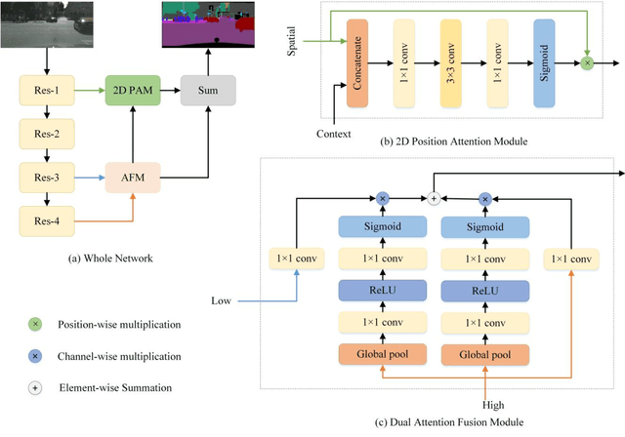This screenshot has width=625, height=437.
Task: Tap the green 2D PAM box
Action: click(131, 94)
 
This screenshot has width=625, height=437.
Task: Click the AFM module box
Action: click(131, 179)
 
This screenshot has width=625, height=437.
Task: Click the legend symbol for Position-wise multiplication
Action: click(36, 322)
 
